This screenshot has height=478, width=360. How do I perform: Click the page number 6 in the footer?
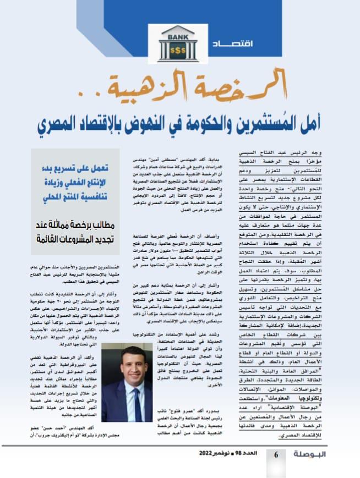(x=277, y=455)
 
